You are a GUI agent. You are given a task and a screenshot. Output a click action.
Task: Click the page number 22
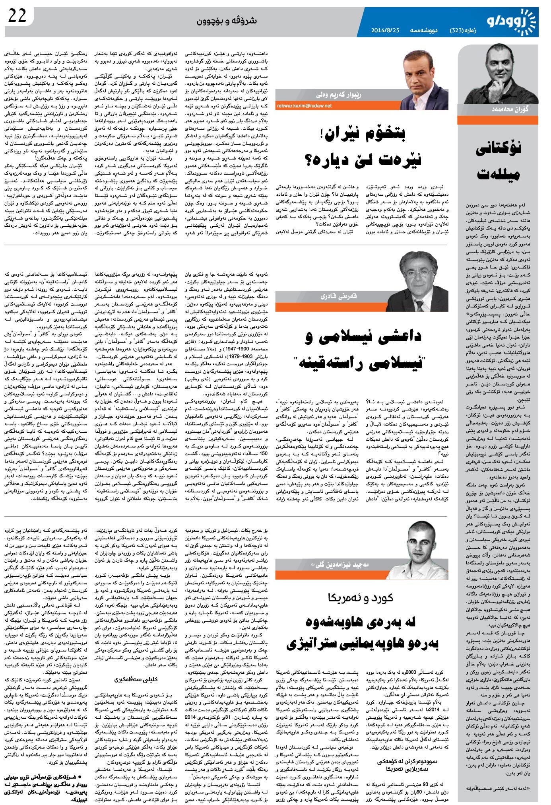[x=17, y=16]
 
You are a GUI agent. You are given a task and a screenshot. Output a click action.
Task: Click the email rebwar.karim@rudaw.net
[x=304, y=106]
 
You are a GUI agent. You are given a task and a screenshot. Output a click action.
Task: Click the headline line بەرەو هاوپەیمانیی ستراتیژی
[x=362, y=645]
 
